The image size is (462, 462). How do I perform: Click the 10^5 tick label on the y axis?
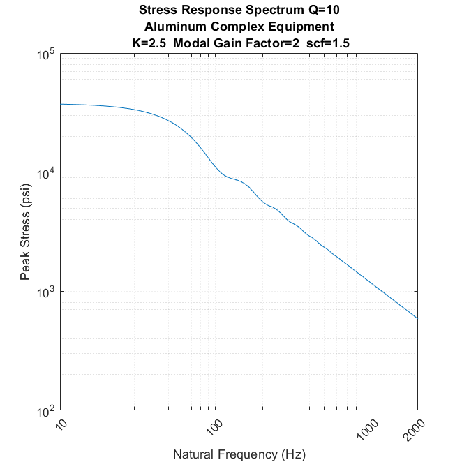point(45,55)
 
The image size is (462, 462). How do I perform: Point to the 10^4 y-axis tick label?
point(45,173)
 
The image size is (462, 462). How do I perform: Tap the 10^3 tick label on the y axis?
point(45,292)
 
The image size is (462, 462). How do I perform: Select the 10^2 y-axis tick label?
point(45,410)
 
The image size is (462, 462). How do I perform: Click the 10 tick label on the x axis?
point(59,423)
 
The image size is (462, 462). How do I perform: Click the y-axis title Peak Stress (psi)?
point(25,232)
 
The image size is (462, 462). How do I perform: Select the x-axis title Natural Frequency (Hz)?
point(239,454)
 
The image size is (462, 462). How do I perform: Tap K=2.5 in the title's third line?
point(147,43)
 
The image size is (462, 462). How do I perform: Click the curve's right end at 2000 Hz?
point(417,319)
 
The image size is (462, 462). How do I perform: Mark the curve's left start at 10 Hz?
point(61,104)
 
